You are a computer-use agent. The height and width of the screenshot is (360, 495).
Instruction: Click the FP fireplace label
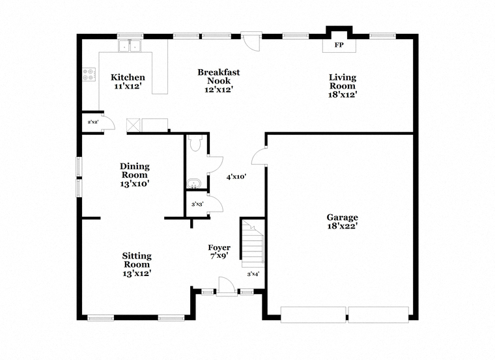pyautogui.click(x=339, y=45)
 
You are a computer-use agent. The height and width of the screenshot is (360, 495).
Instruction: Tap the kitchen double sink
pyautogui.click(x=130, y=46)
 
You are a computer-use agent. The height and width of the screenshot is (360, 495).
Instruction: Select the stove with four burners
pyautogui.click(x=89, y=74)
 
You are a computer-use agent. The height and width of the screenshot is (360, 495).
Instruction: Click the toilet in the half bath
pyautogui.click(x=196, y=143)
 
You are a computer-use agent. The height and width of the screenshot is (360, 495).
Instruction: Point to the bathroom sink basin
pyautogui.click(x=193, y=184)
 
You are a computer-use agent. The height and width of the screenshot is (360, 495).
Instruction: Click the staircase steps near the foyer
pyautogui.click(x=253, y=243)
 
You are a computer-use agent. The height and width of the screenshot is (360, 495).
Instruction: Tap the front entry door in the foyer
pyautogui.click(x=227, y=287)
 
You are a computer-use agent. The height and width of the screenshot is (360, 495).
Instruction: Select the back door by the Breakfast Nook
pyautogui.click(x=251, y=41)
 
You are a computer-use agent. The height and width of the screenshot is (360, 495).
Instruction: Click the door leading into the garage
pyautogui.click(x=259, y=156)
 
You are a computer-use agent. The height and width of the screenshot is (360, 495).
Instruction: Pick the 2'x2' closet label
pyautogui.click(x=93, y=122)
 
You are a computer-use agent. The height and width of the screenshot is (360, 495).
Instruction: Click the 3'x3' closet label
pyautogui.click(x=197, y=204)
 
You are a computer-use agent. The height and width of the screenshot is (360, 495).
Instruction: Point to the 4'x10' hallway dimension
pyautogui.click(x=236, y=176)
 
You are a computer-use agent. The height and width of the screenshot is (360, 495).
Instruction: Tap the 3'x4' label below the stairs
pyautogui.click(x=253, y=274)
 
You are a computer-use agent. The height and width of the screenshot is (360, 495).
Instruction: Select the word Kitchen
pyautogui.click(x=128, y=77)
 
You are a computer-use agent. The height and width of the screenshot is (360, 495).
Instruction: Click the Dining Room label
pyautogui.click(x=135, y=171)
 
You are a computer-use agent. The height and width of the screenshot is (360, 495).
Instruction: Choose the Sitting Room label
pyautogui.click(x=137, y=260)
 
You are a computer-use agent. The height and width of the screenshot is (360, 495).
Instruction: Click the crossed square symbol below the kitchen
pyautogui.click(x=134, y=125)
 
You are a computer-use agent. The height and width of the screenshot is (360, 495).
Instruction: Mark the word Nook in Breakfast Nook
pyautogui.click(x=219, y=81)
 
